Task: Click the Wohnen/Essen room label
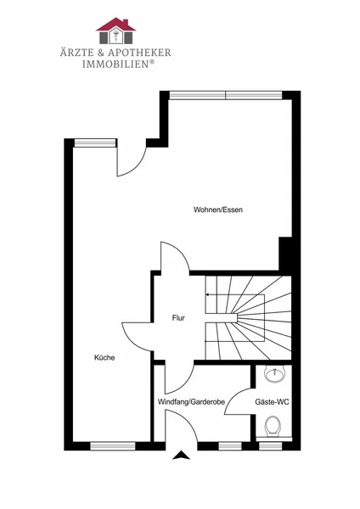tap(218, 210)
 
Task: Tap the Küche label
tap(104, 357)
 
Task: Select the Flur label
tap(178, 318)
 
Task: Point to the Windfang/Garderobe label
tap(191, 402)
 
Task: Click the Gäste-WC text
tap(272, 402)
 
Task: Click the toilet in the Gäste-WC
tap(273, 427)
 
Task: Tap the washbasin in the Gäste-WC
tap(275, 374)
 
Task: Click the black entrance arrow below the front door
tap(181, 456)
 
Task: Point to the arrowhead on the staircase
tap(207, 295)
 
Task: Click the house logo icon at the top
tap(115, 31)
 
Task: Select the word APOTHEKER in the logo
tap(140, 53)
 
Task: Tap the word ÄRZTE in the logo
tap(76, 52)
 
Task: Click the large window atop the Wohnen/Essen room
tap(226, 95)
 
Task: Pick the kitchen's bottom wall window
tap(113, 446)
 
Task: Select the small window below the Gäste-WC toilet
tap(271, 446)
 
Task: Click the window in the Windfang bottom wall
tap(230, 446)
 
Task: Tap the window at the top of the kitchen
tap(95, 143)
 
